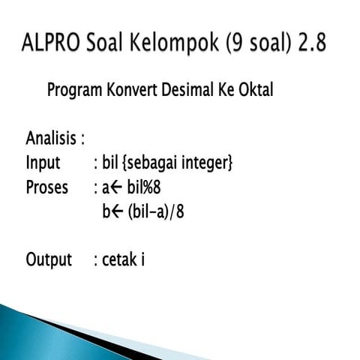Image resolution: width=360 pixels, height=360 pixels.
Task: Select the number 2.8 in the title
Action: (310, 43)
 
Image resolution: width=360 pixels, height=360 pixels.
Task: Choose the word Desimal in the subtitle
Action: (193, 91)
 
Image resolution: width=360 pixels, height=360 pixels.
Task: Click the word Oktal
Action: (256, 91)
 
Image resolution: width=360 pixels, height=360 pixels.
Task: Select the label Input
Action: (43, 163)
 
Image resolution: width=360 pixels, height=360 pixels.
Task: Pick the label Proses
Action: (46, 187)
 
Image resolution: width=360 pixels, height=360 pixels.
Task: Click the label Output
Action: (49, 259)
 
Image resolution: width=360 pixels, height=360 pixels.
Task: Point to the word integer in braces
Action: (206, 163)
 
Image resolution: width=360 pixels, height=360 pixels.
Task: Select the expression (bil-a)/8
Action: (155, 211)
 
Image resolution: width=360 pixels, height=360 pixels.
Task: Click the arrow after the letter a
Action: (118, 187)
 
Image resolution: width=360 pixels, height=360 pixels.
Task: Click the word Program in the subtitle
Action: (74, 91)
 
